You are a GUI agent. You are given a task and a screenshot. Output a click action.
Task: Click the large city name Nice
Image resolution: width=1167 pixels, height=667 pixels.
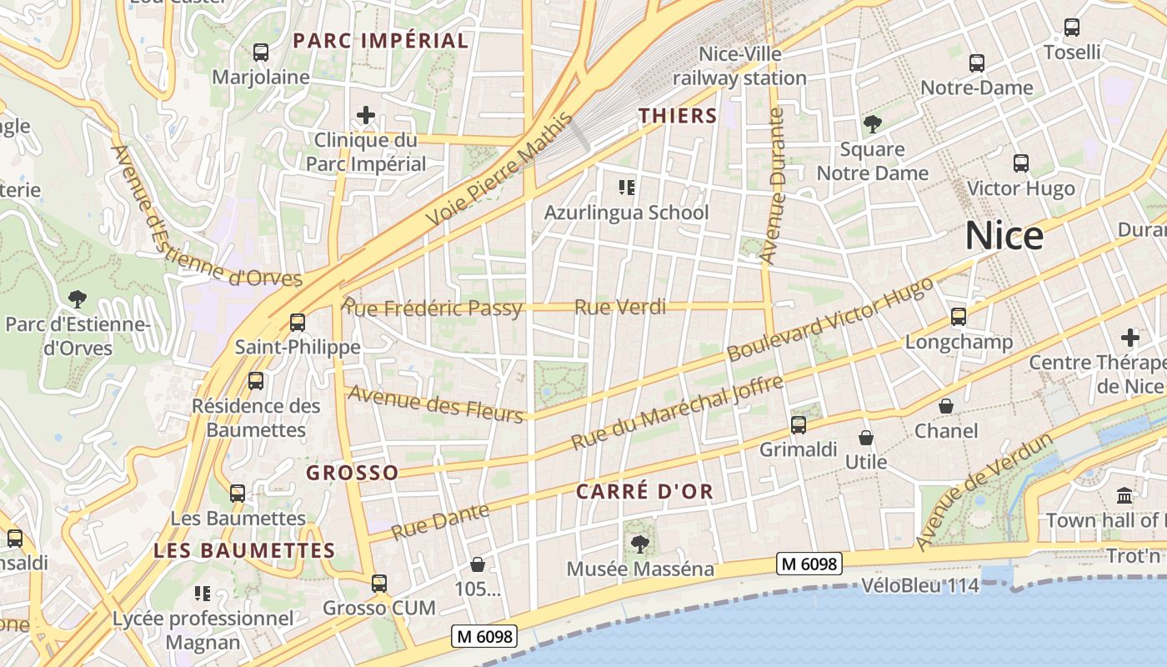(1004, 236)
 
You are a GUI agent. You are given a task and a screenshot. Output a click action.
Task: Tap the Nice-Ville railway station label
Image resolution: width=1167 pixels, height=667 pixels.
(739, 66)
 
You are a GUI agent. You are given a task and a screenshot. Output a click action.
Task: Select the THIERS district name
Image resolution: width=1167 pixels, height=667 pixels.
(678, 116)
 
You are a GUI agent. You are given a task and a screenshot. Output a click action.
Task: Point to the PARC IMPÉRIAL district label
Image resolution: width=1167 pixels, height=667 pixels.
(380, 40)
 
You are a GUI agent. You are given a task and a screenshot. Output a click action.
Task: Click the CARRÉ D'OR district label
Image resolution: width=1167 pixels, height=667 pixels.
(644, 491)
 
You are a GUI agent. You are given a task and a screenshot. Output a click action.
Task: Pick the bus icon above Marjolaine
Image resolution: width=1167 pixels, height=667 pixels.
(261, 52)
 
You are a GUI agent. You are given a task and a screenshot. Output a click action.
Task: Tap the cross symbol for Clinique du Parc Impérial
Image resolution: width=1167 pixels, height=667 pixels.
(365, 115)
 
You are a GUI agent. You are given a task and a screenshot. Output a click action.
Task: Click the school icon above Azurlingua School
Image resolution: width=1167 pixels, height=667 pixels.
(626, 188)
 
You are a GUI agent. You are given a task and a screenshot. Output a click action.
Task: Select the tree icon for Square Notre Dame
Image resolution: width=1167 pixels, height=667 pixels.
(873, 125)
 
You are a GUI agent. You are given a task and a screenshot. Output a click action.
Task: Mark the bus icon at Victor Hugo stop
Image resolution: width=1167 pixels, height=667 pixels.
(1020, 163)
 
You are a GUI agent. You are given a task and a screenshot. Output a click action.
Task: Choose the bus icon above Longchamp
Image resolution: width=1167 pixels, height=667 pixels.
(959, 317)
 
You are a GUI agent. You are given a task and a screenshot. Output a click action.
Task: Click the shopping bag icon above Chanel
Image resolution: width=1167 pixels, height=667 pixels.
(946, 406)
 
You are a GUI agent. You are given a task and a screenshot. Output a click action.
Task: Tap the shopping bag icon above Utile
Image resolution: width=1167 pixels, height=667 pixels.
(866, 437)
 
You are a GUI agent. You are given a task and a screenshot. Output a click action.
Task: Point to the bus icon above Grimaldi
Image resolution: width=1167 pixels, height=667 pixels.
(799, 425)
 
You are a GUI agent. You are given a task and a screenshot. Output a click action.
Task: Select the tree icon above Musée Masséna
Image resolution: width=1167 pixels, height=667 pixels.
(640, 544)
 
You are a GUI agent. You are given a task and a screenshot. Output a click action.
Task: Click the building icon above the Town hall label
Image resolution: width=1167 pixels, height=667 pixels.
(1124, 495)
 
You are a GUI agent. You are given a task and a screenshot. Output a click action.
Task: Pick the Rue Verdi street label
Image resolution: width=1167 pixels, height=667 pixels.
(620, 308)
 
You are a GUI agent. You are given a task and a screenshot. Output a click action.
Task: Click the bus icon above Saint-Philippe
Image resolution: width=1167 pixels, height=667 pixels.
(298, 322)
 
